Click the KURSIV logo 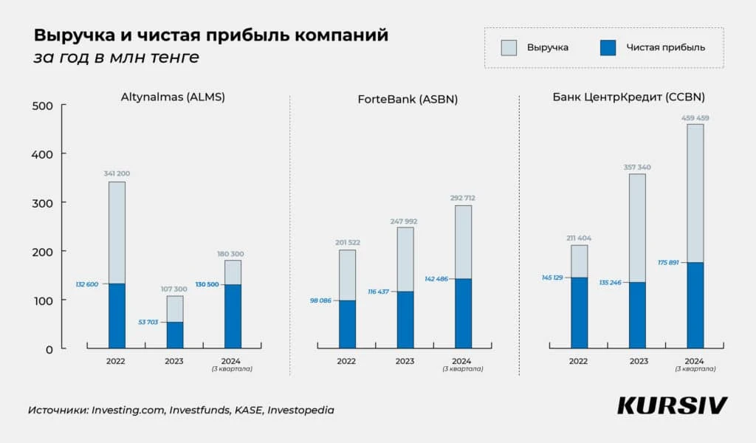point(672,405)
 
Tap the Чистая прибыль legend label point(665,47)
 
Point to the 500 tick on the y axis point(44,106)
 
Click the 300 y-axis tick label point(44,202)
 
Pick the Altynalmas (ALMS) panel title point(173,97)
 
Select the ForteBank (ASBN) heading point(405,98)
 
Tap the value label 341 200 point(117,174)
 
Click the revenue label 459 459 point(695,117)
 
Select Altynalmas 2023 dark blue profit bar point(174,335)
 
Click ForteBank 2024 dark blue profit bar point(463,313)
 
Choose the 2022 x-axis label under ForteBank point(346,361)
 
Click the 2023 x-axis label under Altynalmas point(174,361)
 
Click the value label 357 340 point(636,167)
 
